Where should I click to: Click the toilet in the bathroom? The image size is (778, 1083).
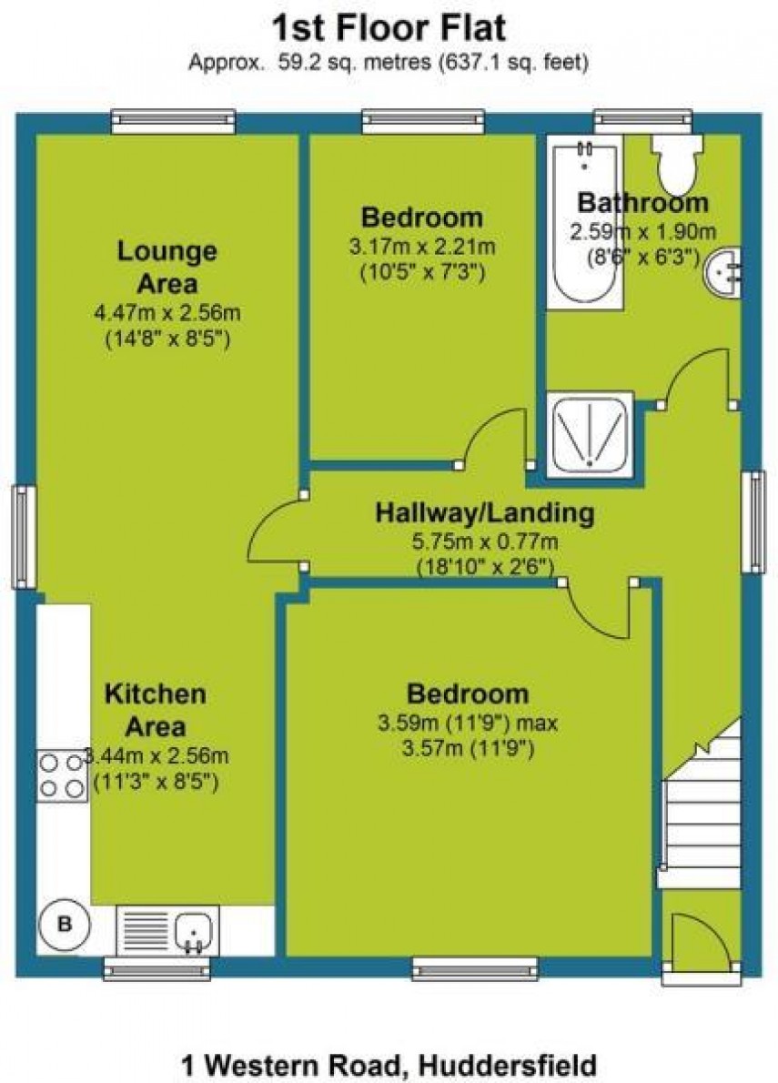(674, 162)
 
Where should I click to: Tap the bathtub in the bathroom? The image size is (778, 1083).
(584, 223)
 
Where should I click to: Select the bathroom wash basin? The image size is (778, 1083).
(725, 272)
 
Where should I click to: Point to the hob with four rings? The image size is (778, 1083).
(62, 774)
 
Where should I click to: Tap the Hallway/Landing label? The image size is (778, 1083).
(484, 513)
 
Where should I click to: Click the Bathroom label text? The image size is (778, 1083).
(642, 202)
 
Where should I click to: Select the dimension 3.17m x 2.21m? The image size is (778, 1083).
(421, 246)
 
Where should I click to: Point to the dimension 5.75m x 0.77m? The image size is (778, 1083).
(484, 542)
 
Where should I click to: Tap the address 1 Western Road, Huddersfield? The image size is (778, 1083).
(389, 1064)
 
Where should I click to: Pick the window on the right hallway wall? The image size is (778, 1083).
(753, 521)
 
